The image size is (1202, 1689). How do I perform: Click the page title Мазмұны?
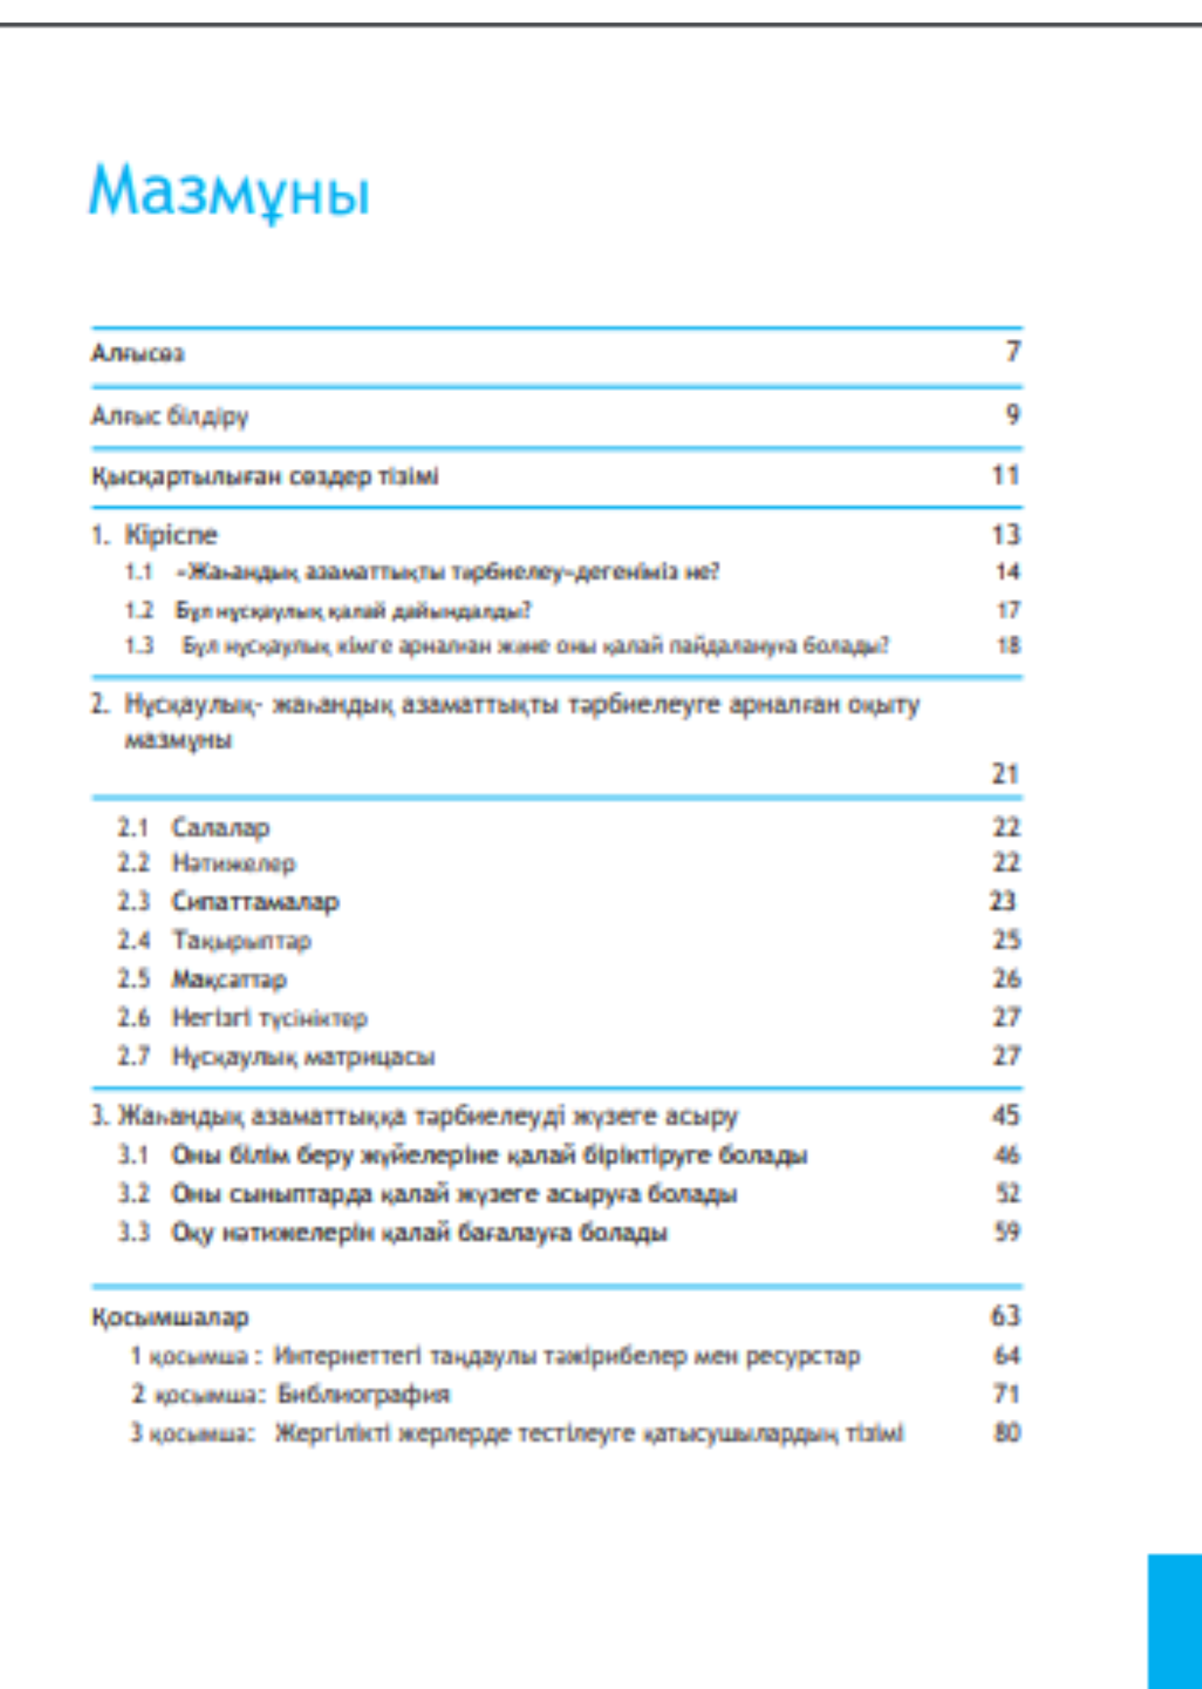click(x=229, y=191)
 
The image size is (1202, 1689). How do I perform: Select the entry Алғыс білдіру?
click(x=170, y=415)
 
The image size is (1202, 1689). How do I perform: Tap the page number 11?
click(x=1005, y=475)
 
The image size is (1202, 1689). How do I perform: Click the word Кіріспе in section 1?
click(x=171, y=535)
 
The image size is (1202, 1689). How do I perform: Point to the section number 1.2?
click(x=139, y=610)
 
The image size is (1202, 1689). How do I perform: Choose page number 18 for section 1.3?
click(x=1008, y=645)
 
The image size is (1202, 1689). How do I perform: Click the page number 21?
click(x=1005, y=773)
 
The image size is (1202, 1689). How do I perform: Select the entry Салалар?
click(x=220, y=827)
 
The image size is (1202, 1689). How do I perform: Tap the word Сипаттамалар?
click(x=255, y=901)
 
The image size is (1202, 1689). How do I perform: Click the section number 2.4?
click(x=134, y=939)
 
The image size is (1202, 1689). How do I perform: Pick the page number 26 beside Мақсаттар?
click(x=1006, y=978)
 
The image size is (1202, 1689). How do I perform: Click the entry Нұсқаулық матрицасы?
click(x=304, y=1056)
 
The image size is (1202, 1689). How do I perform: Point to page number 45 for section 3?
click(x=1005, y=1115)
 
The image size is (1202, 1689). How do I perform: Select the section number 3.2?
click(x=134, y=1193)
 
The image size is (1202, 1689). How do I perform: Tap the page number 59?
click(x=1007, y=1232)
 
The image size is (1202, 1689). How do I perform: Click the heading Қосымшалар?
click(x=170, y=1317)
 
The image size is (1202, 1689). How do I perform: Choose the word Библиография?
click(x=363, y=1394)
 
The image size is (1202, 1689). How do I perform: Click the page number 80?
click(x=1007, y=1432)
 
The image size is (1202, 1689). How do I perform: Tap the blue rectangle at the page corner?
click(x=1174, y=1622)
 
